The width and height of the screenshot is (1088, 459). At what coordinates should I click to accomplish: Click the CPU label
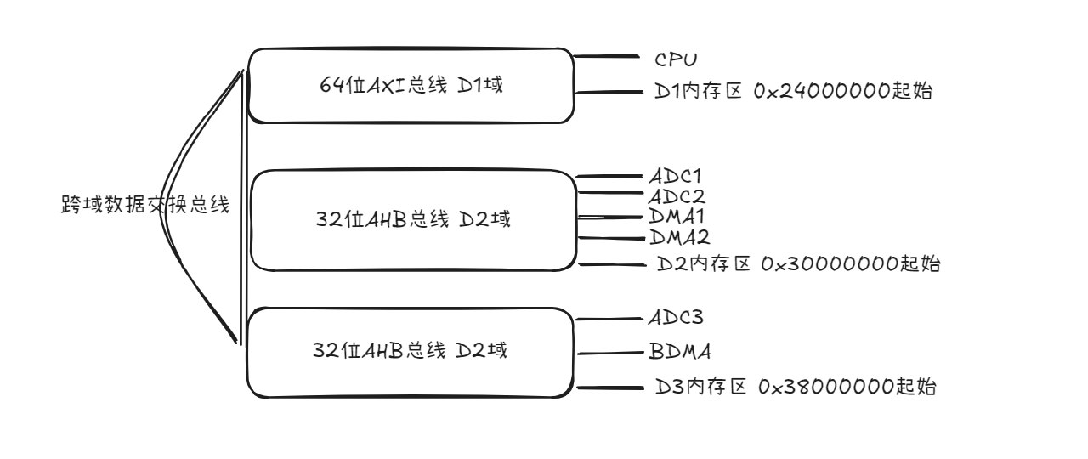pyautogui.click(x=677, y=59)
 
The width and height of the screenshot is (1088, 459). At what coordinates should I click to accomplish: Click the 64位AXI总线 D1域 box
pyautogui.click(x=411, y=85)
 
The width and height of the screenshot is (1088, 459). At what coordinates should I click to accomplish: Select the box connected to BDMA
pyautogui.click(x=411, y=352)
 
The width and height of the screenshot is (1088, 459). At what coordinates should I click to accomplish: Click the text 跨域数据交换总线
pyautogui.click(x=145, y=206)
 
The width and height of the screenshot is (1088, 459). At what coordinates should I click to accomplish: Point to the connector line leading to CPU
pyautogui.click(x=607, y=57)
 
